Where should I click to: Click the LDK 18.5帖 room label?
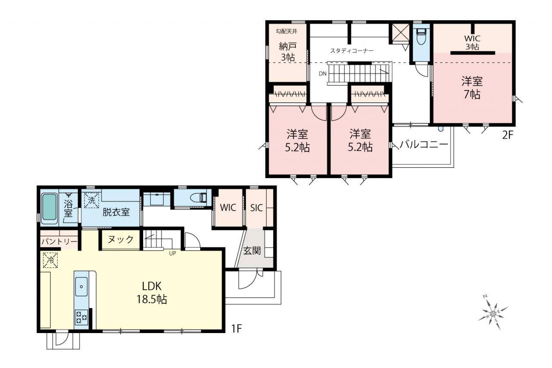click(x=152, y=293)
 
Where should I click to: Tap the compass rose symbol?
click(x=493, y=314)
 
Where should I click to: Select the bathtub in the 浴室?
click(x=49, y=207)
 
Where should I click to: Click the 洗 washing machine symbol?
click(x=91, y=200)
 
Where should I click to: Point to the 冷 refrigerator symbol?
click(x=50, y=260)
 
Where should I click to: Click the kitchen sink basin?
click(x=81, y=286)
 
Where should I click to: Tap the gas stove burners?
click(x=82, y=317)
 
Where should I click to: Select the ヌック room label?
click(x=121, y=239)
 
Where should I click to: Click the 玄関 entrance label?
click(x=252, y=251)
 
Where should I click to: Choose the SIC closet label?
click(x=257, y=208)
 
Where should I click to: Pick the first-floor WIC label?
click(x=228, y=208)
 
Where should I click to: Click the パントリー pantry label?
click(x=60, y=242)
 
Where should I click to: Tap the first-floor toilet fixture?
click(x=199, y=198)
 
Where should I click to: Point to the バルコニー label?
click(x=423, y=145)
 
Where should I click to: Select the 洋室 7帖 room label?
click(x=472, y=88)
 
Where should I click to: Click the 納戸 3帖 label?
click(x=288, y=51)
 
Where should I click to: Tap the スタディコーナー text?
click(x=351, y=51)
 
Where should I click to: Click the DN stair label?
click(x=323, y=73)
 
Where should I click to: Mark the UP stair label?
click(x=172, y=253)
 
